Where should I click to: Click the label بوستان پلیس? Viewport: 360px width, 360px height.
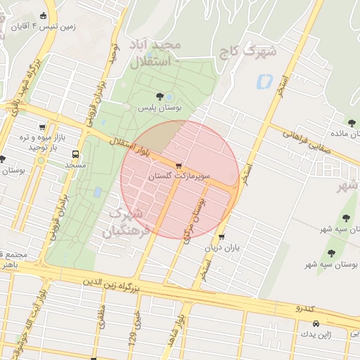pyautogui.click(x=159, y=108)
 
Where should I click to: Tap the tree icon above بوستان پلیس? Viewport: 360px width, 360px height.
pyautogui.click(x=160, y=96)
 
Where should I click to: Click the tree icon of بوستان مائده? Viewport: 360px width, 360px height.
pyautogui.click(x=349, y=122)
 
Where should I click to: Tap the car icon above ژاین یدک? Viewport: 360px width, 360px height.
pyautogui.click(x=316, y=324)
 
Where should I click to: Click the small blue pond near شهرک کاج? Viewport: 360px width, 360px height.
pyautogui.click(x=265, y=81)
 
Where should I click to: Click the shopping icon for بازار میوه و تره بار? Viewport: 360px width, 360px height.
pyautogui.click(x=44, y=128)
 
